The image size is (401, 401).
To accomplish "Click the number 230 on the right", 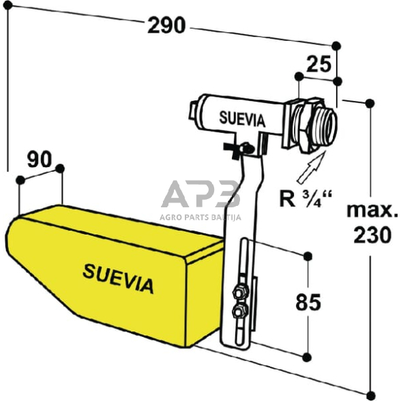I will (372, 235).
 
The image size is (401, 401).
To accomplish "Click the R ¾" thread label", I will (305, 199).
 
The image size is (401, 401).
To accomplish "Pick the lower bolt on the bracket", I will (239, 312).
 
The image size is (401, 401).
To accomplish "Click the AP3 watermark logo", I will (200, 195).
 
